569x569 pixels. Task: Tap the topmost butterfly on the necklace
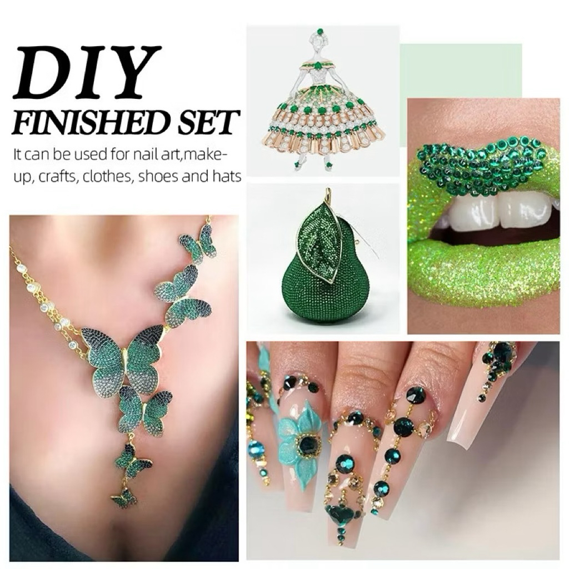point(198,243)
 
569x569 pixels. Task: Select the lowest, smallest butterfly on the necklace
point(124,498)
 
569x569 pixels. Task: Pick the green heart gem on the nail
point(341,513)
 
